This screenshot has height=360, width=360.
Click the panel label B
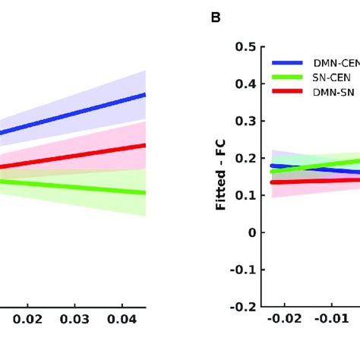click(216, 17)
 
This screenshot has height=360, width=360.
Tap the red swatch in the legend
click(288, 91)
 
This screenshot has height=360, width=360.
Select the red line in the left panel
click(76, 156)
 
